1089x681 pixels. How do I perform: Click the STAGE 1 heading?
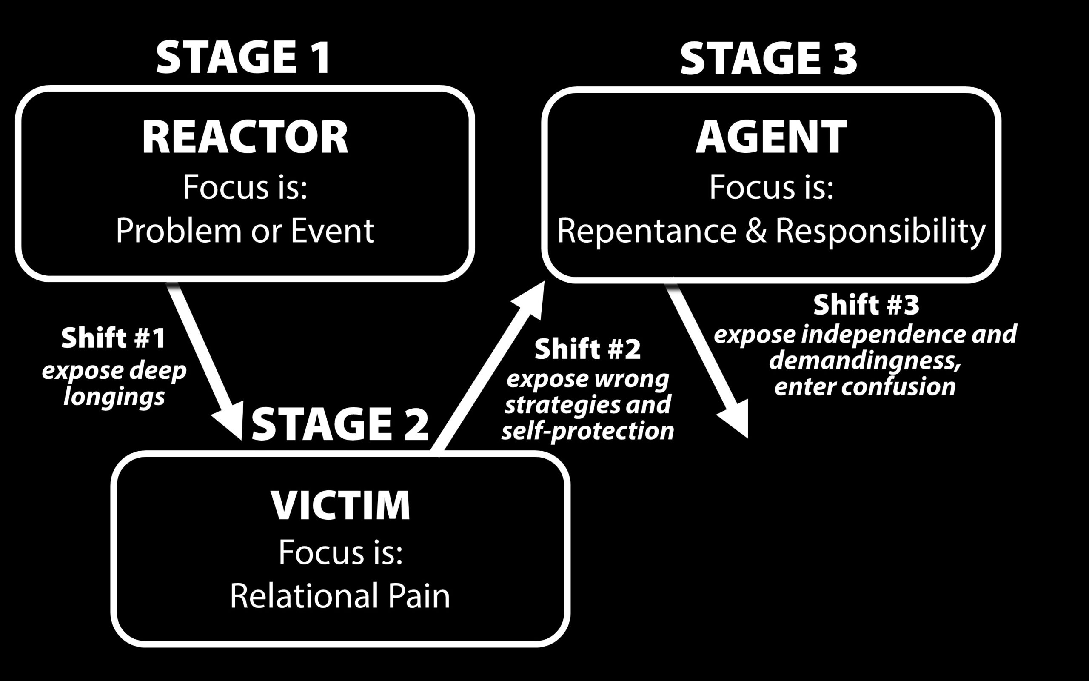[243, 57]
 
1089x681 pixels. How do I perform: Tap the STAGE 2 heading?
[340, 423]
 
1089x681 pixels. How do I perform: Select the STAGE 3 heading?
[768, 59]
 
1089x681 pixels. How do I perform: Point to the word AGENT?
[771, 137]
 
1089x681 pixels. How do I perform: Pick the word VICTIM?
[340, 504]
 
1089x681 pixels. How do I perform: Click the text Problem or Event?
[245, 231]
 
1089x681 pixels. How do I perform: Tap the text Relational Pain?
[340, 595]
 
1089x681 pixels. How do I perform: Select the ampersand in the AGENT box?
[755, 231]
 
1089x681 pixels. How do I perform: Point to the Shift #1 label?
[114, 338]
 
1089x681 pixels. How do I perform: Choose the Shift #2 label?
[588, 349]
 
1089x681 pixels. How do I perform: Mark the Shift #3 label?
[866, 305]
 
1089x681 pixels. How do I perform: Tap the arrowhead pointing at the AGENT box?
[531, 300]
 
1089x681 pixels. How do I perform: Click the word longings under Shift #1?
[114, 397]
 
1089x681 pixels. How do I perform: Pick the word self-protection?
[588, 431]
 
